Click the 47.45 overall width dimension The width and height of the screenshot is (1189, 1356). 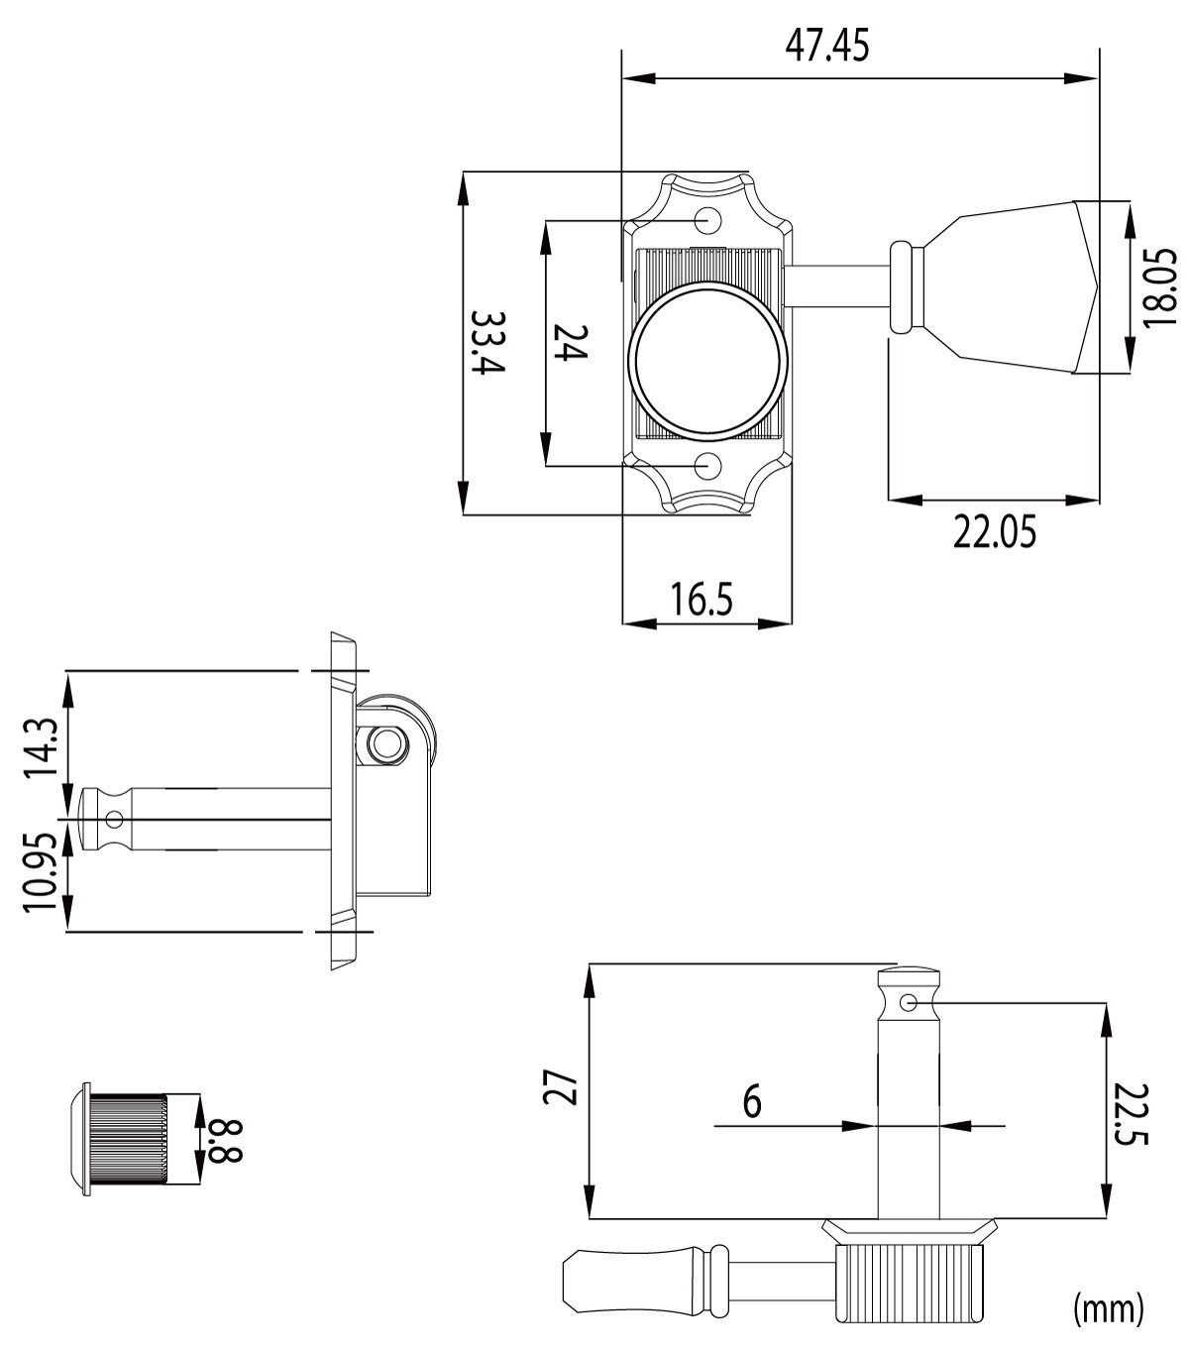pos(827,47)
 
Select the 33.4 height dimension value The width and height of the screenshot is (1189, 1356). pos(487,342)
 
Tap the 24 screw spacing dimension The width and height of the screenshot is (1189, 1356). pos(571,343)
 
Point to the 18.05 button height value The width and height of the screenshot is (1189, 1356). pos(1159,287)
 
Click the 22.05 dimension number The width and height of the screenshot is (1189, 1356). pos(994,532)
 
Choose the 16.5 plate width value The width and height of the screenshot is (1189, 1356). pos(701,599)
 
